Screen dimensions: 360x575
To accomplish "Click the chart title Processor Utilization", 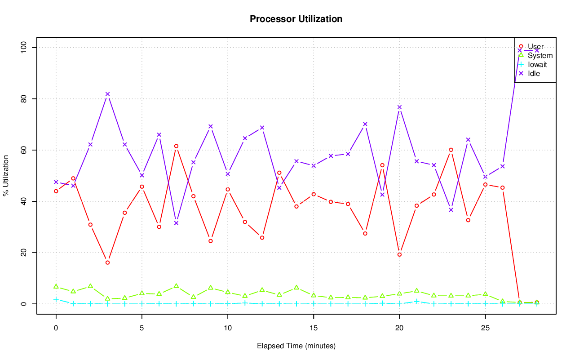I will pos(296,19).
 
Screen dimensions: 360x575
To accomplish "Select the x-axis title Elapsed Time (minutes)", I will pos(296,346).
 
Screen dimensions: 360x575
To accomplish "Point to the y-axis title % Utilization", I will pos(6,176).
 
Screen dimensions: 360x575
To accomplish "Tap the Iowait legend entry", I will pos(537,64).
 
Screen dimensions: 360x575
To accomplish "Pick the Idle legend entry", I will pos(534,73).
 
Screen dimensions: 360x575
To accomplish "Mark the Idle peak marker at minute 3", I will pos(107,94).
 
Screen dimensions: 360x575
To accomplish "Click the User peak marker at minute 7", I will pos(176,146).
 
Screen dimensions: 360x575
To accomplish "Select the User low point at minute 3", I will pos(107,262).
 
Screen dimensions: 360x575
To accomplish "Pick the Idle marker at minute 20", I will pos(399,107).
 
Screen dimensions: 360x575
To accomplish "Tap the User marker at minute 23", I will pos(451,150).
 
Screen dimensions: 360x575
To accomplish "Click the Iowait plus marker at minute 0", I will pos(56,299).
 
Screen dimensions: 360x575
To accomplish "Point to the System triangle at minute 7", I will pos(176,286).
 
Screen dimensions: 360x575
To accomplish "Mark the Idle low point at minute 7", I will pos(176,223).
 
